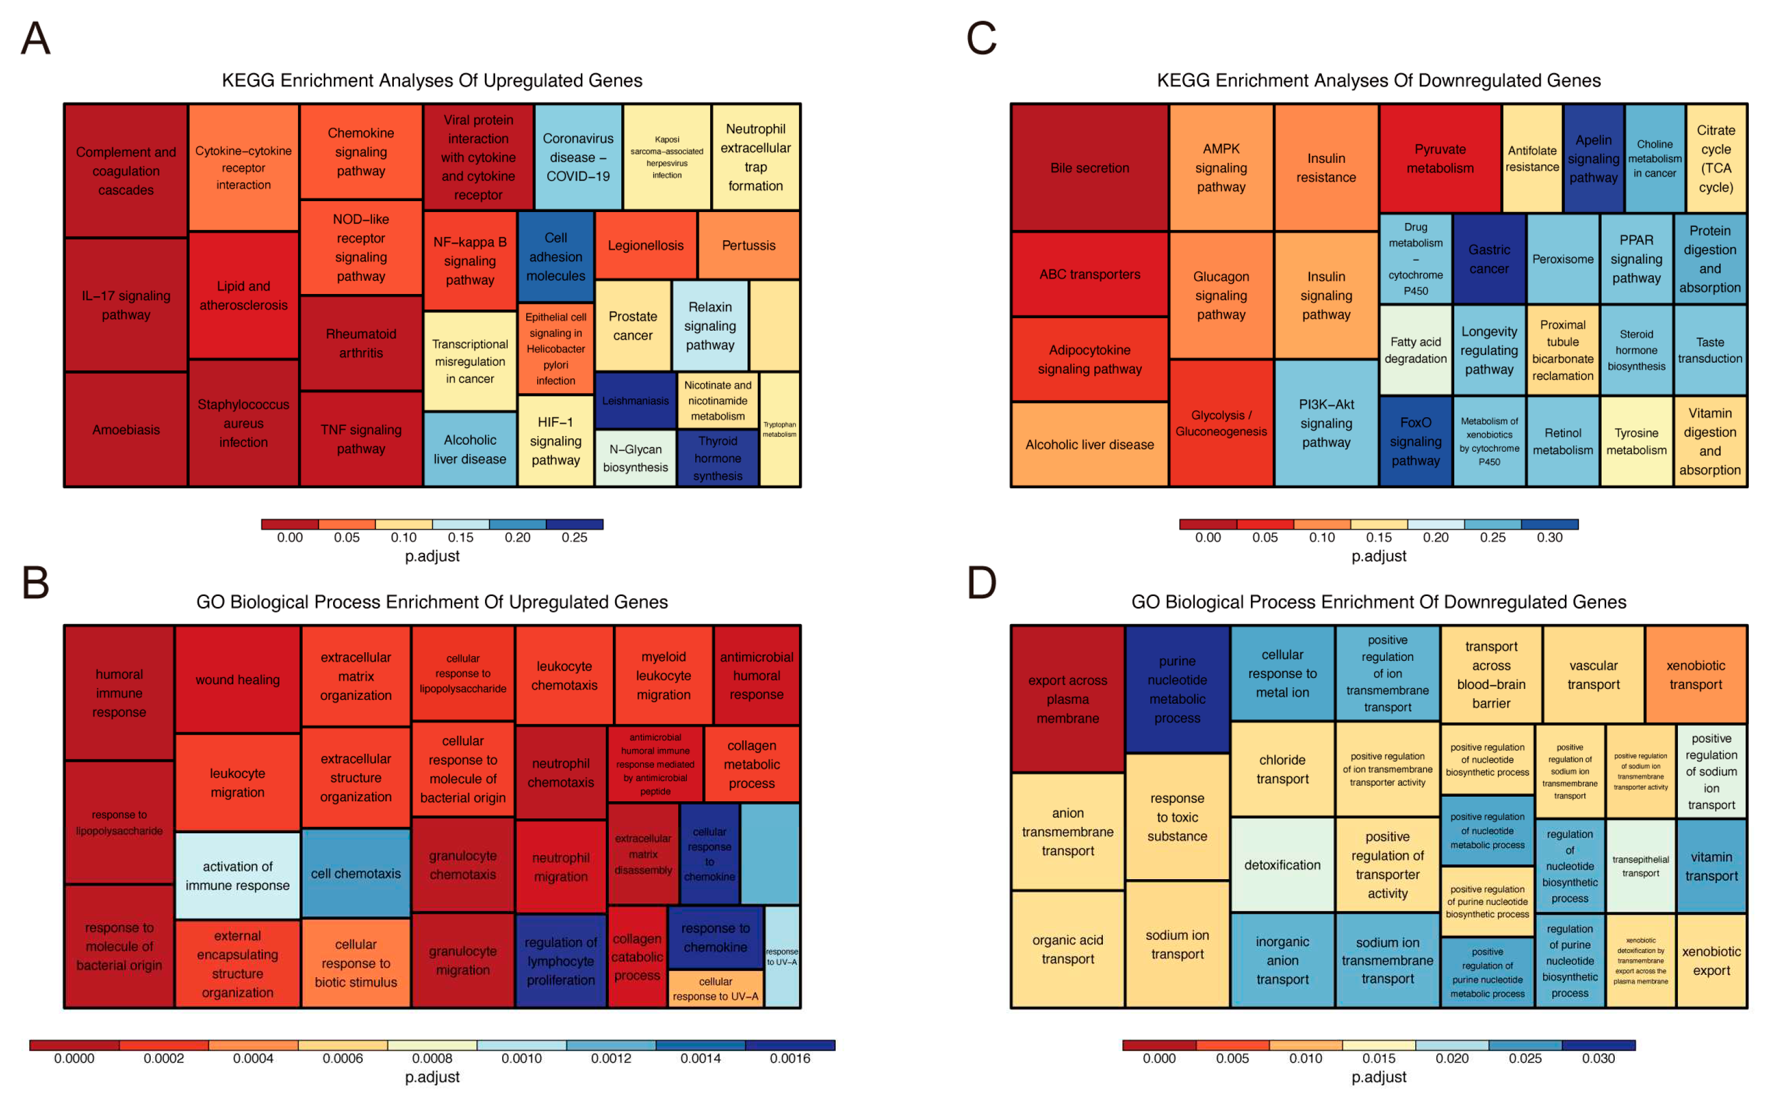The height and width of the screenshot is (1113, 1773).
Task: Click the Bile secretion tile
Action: [x=1089, y=168]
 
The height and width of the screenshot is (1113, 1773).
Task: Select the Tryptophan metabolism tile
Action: [x=779, y=429]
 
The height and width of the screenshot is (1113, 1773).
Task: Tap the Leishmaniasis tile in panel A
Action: [x=635, y=401]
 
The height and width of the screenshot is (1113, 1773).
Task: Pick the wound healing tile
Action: [x=237, y=679]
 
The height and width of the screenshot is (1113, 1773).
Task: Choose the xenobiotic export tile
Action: [x=1711, y=961]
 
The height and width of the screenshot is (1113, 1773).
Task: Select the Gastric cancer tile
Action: [x=1488, y=259]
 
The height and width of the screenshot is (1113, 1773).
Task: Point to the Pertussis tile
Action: [x=748, y=245]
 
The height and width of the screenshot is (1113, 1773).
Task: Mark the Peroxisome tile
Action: [x=1563, y=259]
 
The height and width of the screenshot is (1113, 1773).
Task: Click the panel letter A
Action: [x=36, y=39]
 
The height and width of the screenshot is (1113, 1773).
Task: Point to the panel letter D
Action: [x=981, y=583]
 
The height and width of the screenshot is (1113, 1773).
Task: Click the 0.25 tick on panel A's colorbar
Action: [x=574, y=538]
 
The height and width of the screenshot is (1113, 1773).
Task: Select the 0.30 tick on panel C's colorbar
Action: [x=1549, y=538]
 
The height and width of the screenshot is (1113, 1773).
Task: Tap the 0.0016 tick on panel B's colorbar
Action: [x=789, y=1059]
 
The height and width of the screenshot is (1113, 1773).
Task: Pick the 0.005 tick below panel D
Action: [x=1232, y=1059]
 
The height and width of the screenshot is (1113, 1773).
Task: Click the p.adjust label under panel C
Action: [x=1379, y=556]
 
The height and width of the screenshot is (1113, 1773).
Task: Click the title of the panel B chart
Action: [x=432, y=602]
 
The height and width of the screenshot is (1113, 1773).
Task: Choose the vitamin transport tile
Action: [x=1711, y=867]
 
